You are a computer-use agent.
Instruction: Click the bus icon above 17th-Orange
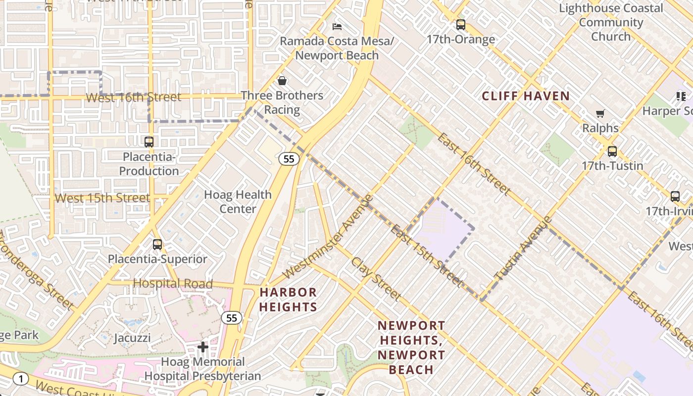coord(461,25)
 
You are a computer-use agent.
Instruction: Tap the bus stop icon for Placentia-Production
coord(148,142)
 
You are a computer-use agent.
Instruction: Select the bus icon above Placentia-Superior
coord(157,245)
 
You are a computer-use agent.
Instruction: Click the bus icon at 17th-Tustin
coord(612,151)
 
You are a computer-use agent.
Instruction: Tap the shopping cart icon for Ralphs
coord(600,114)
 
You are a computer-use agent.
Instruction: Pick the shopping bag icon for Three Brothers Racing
coord(282,80)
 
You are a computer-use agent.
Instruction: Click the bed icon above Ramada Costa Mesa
coord(337,26)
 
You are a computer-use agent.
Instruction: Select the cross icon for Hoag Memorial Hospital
coord(202,347)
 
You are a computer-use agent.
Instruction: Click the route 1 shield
coord(20,379)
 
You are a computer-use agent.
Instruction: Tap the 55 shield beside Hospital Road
coord(232,318)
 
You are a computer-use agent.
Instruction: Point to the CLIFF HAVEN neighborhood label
coord(526,96)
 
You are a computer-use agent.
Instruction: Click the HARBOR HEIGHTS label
coord(288,299)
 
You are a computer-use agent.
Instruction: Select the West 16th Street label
coord(133,97)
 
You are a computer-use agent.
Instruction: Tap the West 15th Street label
coord(102,198)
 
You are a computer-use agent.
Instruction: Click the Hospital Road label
coord(173,284)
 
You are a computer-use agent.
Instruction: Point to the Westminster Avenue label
coord(327,237)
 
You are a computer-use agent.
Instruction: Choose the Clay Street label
coord(376,279)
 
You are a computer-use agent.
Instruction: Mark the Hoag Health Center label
coord(238,201)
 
